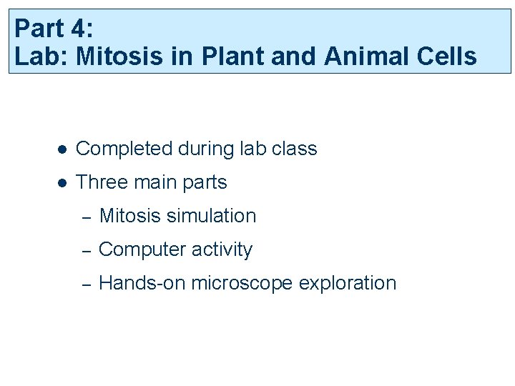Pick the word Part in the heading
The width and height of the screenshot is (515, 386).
39,29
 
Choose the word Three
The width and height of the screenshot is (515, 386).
101,182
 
